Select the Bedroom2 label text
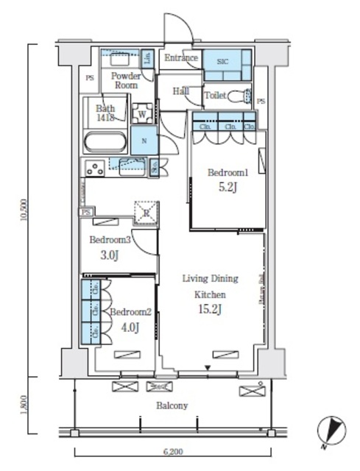(131, 312)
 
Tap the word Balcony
(172, 406)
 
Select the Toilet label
(214, 96)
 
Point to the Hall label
(180, 91)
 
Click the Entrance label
(181, 58)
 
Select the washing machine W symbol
(142, 113)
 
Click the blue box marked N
(144, 141)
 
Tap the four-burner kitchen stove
(95, 168)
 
